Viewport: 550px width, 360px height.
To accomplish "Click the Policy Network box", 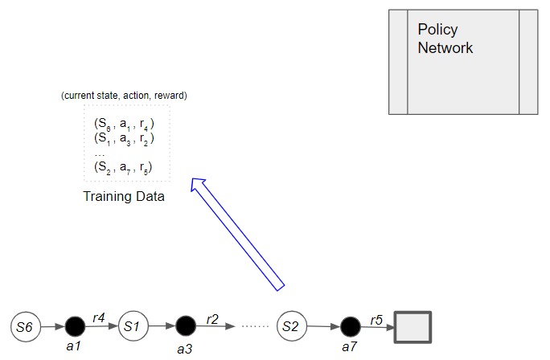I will pyautogui.click(x=462, y=61).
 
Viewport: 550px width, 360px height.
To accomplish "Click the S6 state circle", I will pyautogui.click(x=25, y=326).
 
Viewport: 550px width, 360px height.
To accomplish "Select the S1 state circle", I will pyautogui.click(x=133, y=326).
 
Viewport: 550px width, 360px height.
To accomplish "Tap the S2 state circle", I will pyautogui.click(x=291, y=326).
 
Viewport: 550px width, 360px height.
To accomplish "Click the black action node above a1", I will pyautogui.click(x=75, y=326).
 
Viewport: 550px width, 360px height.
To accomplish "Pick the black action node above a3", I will pyautogui.click(x=186, y=326).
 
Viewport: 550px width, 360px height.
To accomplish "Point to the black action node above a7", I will pyautogui.click(x=350, y=327).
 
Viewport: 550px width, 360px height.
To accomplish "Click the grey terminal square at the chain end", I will pyautogui.click(x=412, y=328).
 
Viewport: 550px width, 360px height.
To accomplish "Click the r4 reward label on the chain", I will pyautogui.click(x=100, y=317).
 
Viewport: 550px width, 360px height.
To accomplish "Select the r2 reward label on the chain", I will pyautogui.click(x=212, y=318).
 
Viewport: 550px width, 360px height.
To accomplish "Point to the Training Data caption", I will pyautogui.click(x=124, y=196).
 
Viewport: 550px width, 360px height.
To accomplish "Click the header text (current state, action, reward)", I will pyautogui.click(x=124, y=96).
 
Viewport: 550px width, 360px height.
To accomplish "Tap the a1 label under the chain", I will pyautogui.click(x=74, y=346).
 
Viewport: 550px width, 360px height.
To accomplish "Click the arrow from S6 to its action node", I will pyautogui.click(x=50, y=327).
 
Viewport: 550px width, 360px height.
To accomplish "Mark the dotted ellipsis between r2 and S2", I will pyautogui.click(x=254, y=327).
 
